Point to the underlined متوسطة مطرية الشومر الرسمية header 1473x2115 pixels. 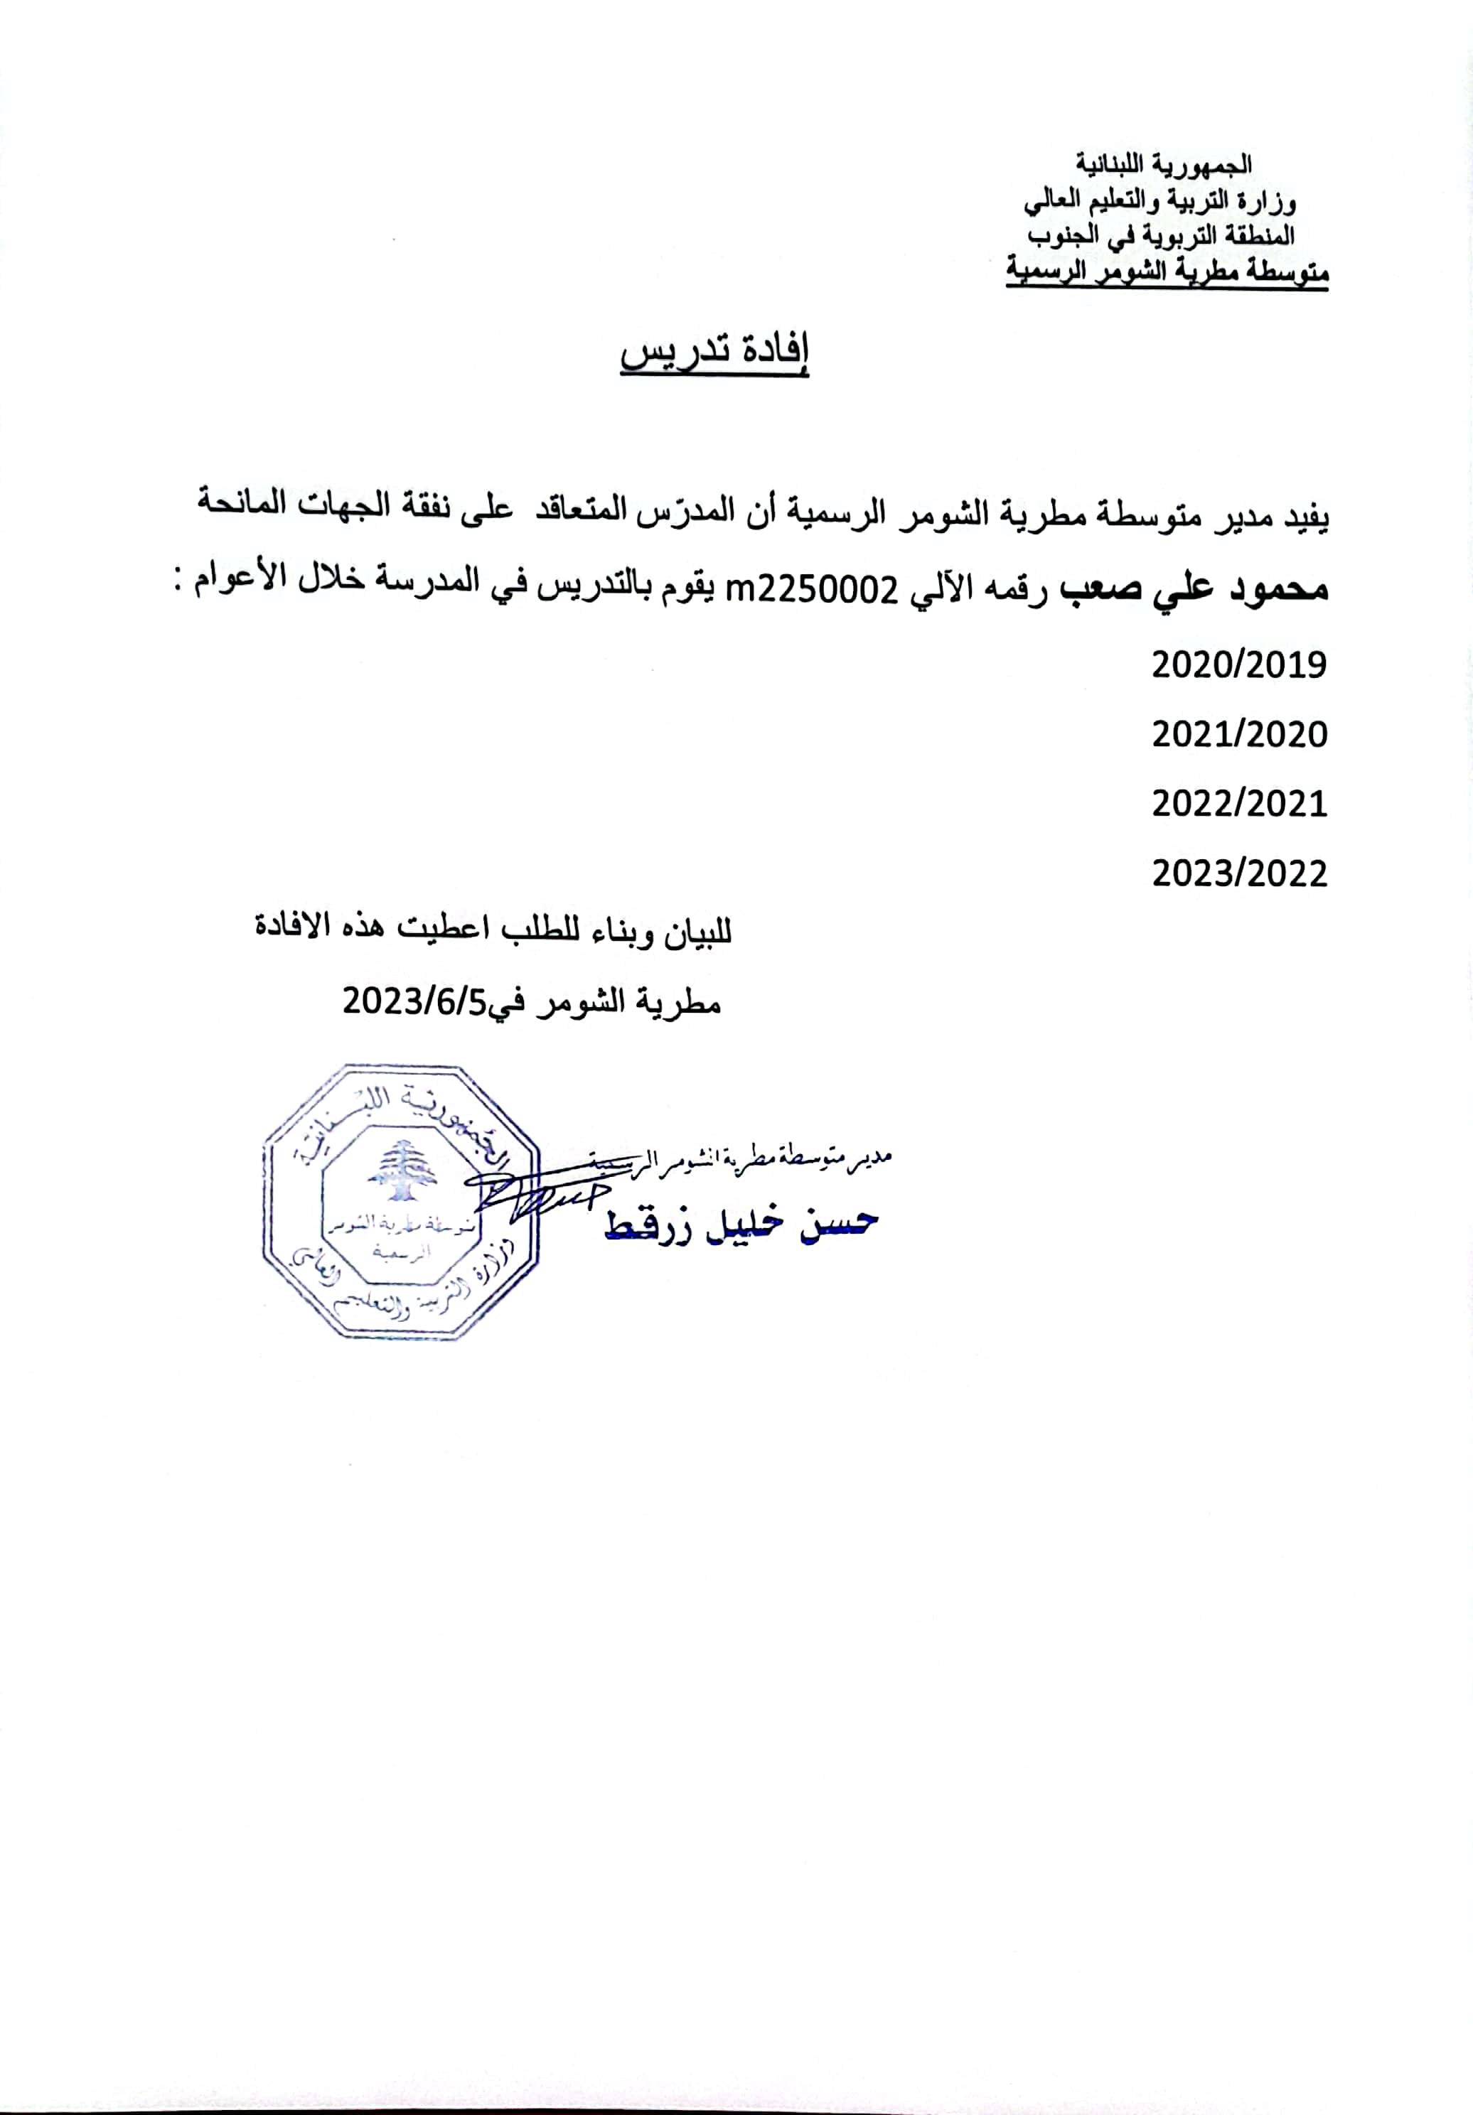pos(1166,271)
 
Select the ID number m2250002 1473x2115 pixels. pos(812,590)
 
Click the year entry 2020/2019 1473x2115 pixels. pos(1239,664)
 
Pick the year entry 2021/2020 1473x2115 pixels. pos(1239,734)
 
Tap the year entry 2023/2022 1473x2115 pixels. pos(1239,873)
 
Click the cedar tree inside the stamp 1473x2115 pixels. pos(400,1169)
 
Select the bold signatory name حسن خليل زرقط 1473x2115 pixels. pos(741,1225)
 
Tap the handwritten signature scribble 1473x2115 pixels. pos(535,1194)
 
